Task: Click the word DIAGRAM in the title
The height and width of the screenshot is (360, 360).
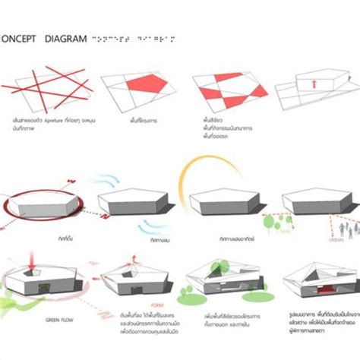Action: (x=65, y=37)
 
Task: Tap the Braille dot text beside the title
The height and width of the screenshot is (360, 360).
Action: (x=133, y=37)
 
